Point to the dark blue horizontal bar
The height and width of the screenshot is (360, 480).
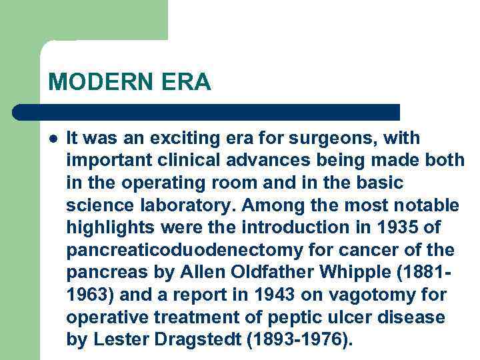[x=207, y=112]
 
